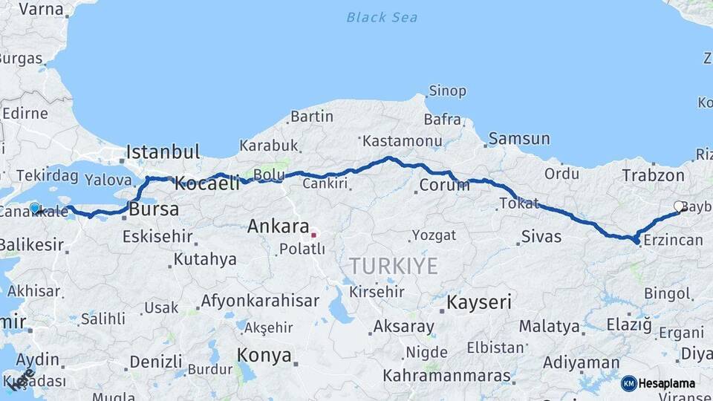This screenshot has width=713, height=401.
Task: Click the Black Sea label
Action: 381,17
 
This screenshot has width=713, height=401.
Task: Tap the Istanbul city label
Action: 163,152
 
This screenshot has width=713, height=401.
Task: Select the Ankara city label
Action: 279,226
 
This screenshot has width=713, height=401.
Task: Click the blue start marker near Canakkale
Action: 34,208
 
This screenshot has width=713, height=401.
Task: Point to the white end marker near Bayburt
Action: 679,206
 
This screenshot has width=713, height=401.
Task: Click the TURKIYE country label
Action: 394,266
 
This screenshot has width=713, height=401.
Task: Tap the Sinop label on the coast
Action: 446,91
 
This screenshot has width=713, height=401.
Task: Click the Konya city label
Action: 264,356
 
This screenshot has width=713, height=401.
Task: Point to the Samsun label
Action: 519,139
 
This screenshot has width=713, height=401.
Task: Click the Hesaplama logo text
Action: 666,384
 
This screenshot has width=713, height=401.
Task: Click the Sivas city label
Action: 541,237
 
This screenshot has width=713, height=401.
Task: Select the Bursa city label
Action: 154,209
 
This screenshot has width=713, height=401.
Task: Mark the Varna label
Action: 40,10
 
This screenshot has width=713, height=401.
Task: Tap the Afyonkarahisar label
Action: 260,301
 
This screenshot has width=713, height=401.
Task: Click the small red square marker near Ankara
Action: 313,235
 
